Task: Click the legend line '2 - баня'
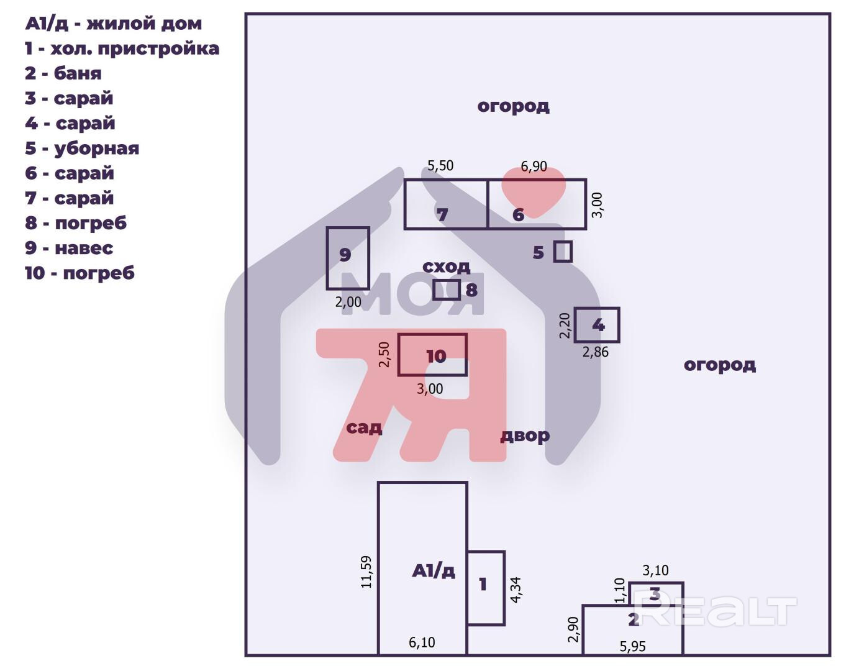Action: click(x=63, y=73)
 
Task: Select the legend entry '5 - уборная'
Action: click(x=81, y=148)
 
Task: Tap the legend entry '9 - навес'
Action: click(x=68, y=248)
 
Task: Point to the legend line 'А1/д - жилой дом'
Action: click(x=113, y=24)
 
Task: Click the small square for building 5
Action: click(x=563, y=252)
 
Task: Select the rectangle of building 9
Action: click(x=348, y=258)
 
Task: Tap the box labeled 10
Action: click(x=432, y=355)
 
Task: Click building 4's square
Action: click(x=597, y=324)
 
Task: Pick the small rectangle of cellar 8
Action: click(x=447, y=290)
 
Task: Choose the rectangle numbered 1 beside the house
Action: click(x=486, y=588)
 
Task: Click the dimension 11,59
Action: click(x=366, y=572)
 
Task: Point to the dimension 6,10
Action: click(x=422, y=642)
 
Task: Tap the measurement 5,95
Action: click(x=632, y=646)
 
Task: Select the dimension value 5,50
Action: click(x=440, y=166)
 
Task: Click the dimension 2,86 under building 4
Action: click(x=595, y=352)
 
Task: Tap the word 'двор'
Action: click(x=525, y=436)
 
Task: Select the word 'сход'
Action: click(x=446, y=267)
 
